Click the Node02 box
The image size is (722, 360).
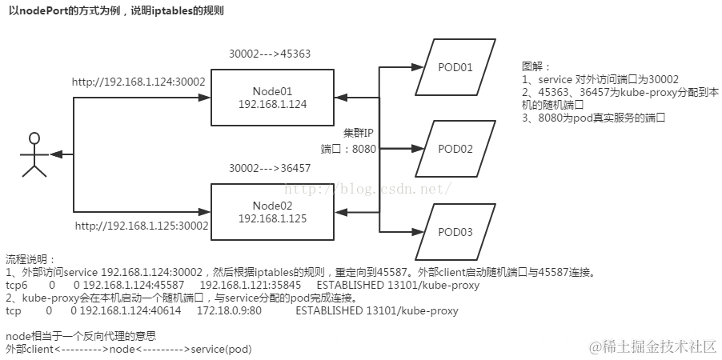tap(273, 211)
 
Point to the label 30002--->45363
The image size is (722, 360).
tap(270, 54)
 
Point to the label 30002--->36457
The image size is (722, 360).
tap(270, 169)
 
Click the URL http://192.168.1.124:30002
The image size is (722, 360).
tap(138, 81)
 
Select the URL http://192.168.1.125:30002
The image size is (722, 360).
tap(142, 226)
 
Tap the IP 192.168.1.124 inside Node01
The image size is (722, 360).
tap(273, 104)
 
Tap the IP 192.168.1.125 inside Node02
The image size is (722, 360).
tap(273, 218)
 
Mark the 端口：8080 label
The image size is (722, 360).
tap(349, 148)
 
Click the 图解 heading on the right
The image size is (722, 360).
tap(536, 66)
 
